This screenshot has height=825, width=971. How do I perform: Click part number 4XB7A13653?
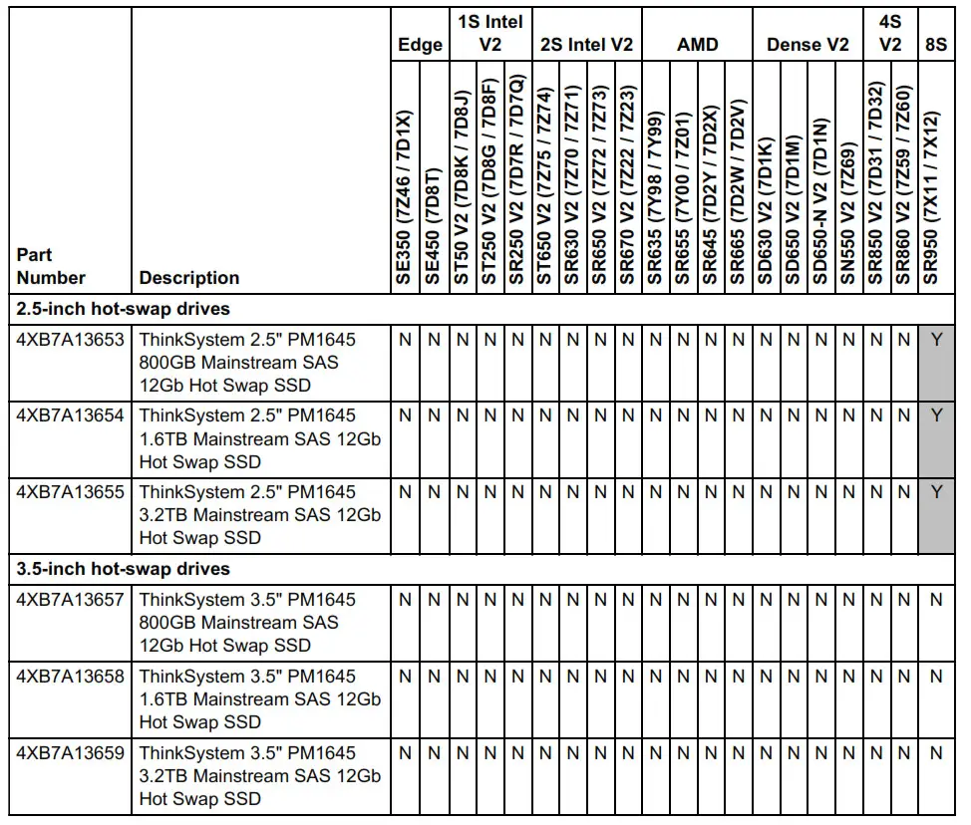tap(70, 340)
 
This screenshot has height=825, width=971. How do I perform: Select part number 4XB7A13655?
tap(70, 492)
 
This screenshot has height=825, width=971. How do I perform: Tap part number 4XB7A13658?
tap(70, 677)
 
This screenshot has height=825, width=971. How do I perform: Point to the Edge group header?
tap(420, 45)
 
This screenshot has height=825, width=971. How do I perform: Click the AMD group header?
tap(697, 45)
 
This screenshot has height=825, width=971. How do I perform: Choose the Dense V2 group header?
tap(808, 45)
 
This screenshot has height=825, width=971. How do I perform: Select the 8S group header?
tap(935, 45)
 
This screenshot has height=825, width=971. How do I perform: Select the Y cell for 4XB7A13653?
tap(935, 340)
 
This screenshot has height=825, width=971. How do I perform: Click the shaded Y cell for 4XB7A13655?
tap(935, 492)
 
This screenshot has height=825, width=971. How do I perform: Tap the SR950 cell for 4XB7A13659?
tap(935, 753)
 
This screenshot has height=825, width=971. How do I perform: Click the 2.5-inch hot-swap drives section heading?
tap(124, 309)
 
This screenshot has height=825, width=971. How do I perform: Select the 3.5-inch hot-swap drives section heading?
tap(124, 569)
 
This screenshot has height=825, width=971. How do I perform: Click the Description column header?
tap(189, 278)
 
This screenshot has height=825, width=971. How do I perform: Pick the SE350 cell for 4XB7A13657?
tap(406, 600)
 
